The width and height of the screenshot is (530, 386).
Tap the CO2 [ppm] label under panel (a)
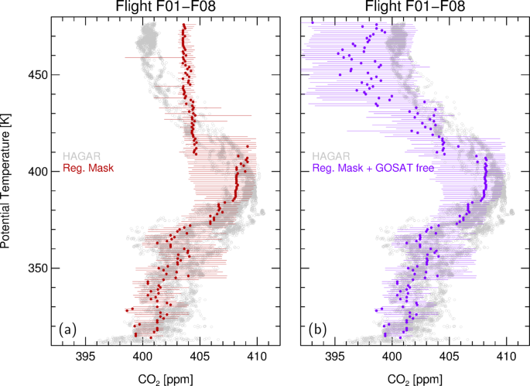[x=164, y=377]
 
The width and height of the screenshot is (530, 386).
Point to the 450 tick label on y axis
[x=34, y=75]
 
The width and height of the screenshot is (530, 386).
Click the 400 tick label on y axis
[x=34, y=172]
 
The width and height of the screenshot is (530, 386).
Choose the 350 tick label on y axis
[x=34, y=268]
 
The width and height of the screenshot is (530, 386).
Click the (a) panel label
[x=67, y=330]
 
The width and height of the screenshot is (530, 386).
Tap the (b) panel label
[x=316, y=330]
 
